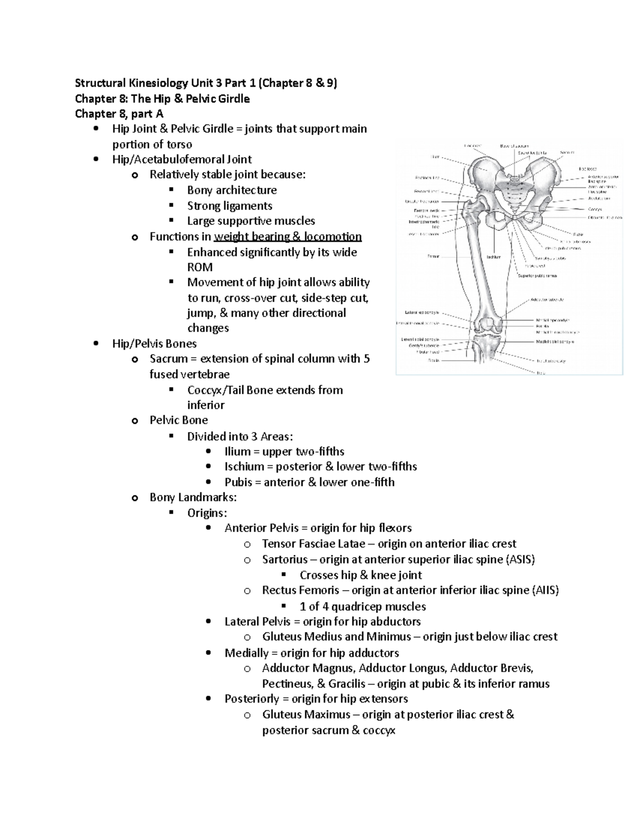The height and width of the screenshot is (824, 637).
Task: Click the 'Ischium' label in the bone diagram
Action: coord(494,257)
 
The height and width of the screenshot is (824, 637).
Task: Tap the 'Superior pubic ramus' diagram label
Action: coord(537,275)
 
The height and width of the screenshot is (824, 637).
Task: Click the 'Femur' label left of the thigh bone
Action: coord(433,256)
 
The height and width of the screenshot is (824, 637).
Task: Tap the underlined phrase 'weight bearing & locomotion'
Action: coord(287,237)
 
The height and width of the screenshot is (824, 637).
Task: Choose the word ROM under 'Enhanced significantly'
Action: coord(200,267)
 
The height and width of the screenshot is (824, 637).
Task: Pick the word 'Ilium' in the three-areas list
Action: coord(237,452)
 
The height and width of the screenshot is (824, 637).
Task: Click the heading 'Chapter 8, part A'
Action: coord(119,114)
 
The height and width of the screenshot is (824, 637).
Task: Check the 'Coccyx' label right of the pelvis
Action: coord(595,209)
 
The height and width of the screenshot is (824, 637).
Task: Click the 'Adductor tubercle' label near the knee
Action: coord(547,300)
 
